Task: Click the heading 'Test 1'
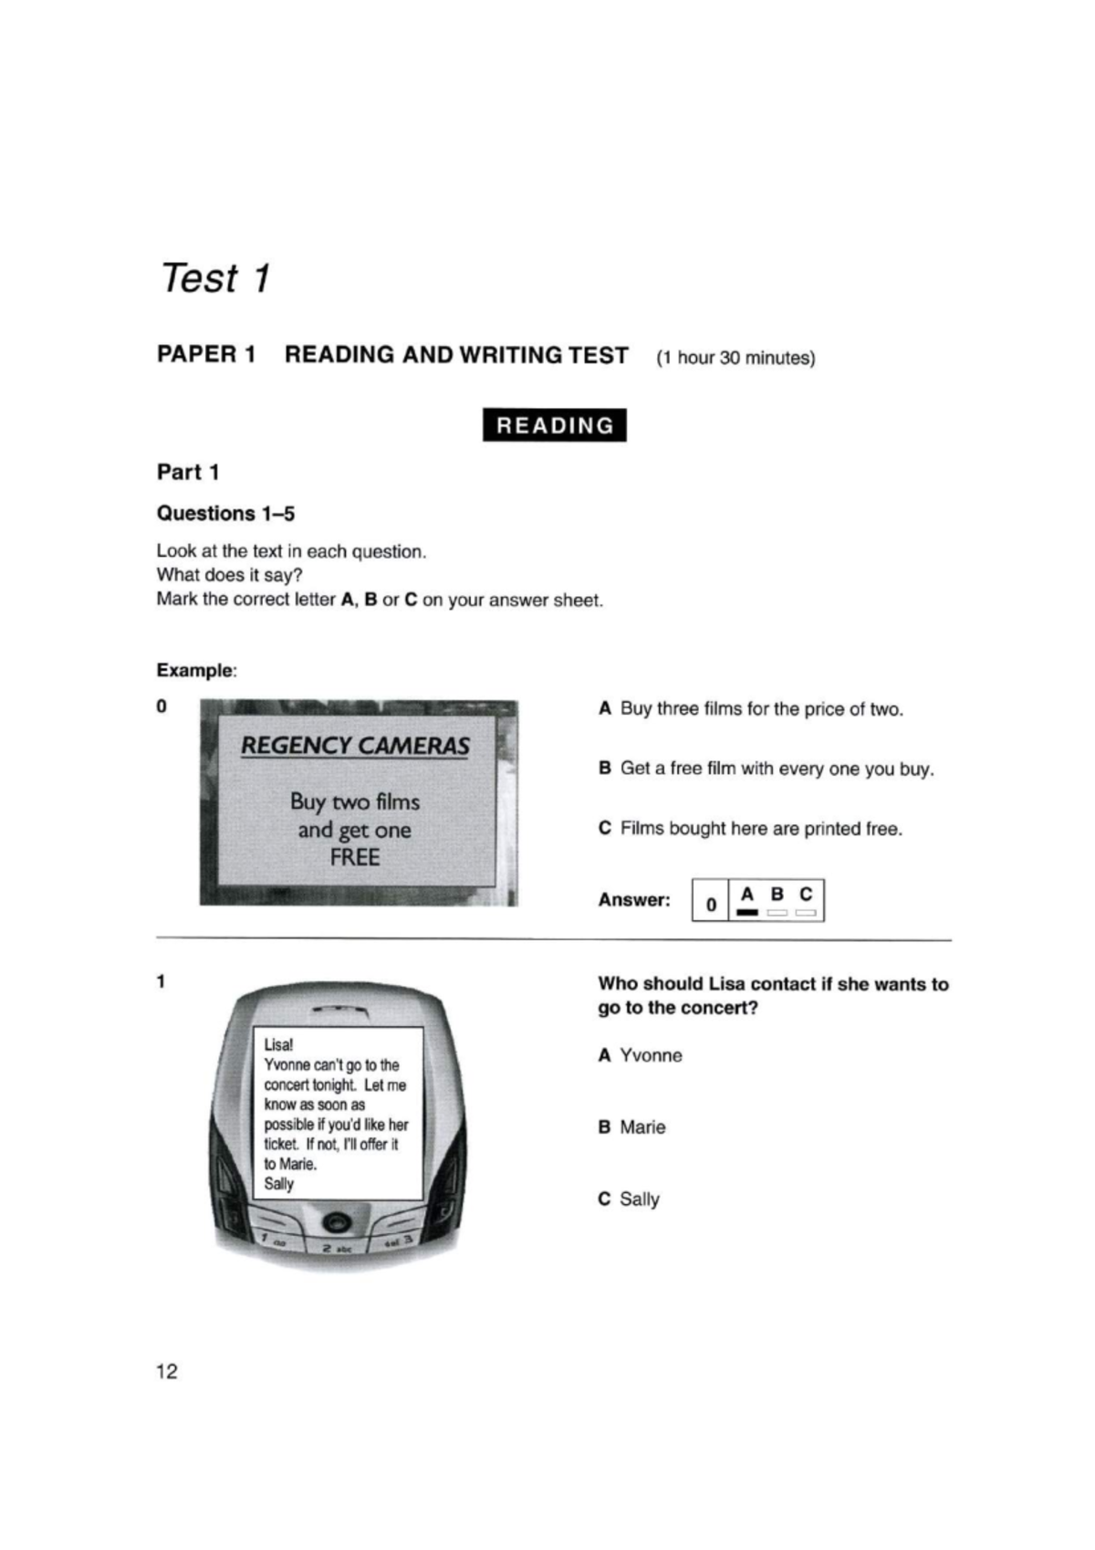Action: point(215,278)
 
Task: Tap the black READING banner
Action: point(554,425)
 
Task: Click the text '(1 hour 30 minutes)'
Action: point(735,358)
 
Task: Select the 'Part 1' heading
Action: point(188,472)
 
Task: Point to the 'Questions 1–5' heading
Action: point(225,513)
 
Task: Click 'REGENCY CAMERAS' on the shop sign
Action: point(355,746)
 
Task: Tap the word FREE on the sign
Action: point(355,857)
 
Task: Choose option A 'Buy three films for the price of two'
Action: point(751,709)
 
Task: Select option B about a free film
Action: point(766,769)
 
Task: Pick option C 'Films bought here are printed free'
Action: point(750,829)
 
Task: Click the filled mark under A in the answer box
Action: point(747,912)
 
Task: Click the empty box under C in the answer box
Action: point(805,912)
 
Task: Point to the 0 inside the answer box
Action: point(711,906)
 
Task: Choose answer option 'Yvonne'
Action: point(650,1055)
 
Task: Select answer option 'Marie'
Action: point(641,1127)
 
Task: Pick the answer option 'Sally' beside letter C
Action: point(639,1199)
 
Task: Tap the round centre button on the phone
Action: point(337,1221)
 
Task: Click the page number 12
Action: point(168,1371)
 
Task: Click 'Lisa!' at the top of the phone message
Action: point(278,1044)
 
